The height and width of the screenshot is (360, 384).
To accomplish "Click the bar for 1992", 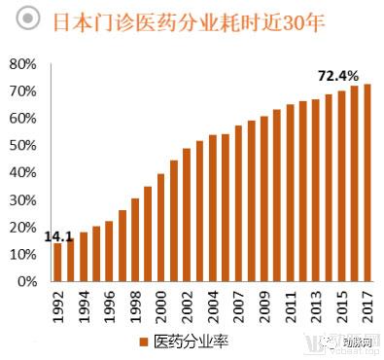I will pos(57,262).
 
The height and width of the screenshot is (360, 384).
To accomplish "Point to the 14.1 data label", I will pos(58,234).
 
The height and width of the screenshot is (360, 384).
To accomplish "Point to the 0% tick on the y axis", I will pos(25,281).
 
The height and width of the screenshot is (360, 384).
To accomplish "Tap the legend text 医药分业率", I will pos(190,340).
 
